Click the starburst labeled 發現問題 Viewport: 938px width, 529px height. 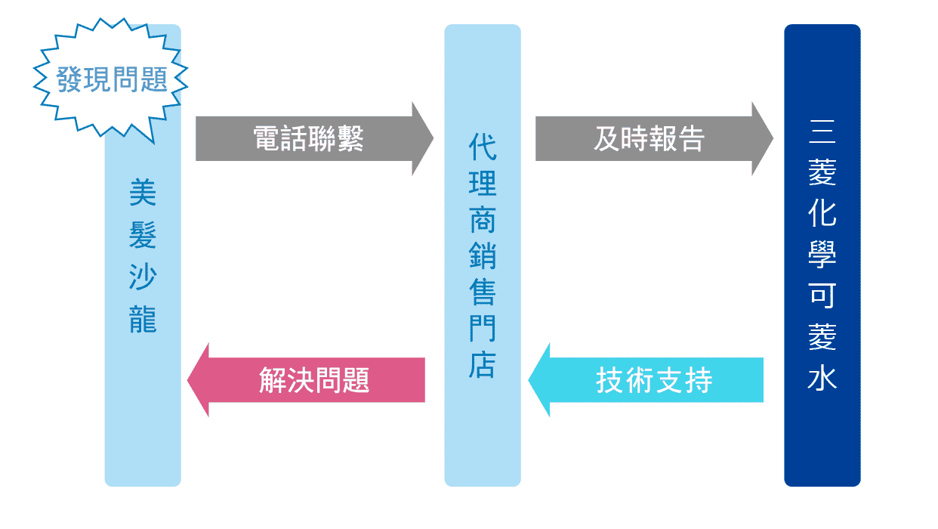click(111, 80)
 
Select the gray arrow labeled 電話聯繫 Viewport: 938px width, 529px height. click(308, 139)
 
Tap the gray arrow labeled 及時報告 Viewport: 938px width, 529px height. click(648, 139)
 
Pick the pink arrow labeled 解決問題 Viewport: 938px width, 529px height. click(313, 379)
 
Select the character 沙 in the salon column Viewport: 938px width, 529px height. click(143, 277)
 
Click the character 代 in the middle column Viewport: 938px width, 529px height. click(483, 147)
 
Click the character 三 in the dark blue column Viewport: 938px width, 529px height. click(822, 133)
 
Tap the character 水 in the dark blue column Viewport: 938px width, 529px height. click(822, 377)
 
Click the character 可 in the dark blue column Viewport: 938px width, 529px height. click(822, 295)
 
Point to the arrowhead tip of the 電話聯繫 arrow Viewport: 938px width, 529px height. click(432, 139)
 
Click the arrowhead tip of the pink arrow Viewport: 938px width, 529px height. click(189, 379)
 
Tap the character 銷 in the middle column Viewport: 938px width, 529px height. click(483, 256)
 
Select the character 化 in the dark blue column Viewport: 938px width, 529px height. click(822, 215)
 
